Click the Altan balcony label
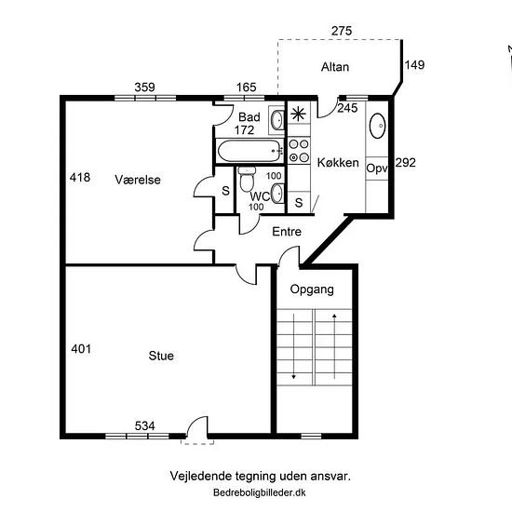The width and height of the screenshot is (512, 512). click(335, 67)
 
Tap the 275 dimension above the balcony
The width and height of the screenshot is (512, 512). click(342, 31)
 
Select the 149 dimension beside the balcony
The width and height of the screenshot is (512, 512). click(414, 65)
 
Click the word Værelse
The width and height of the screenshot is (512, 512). click(138, 180)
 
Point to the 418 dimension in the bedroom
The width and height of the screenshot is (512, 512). click(80, 178)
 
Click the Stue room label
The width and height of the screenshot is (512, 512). click(161, 356)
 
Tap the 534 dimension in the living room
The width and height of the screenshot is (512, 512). click(145, 425)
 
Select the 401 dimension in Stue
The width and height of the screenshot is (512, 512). click(81, 349)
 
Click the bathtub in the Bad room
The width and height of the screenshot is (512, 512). click(250, 151)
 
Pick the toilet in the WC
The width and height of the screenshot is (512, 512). click(247, 179)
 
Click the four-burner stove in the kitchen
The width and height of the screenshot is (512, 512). click(299, 151)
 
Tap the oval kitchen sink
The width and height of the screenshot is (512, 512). click(377, 126)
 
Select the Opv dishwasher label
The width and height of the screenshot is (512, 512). click(377, 168)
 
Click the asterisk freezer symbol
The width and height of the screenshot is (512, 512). click(299, 114)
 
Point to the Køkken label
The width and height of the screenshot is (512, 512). click(338, 163)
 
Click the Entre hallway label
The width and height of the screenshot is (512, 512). click(287, 232)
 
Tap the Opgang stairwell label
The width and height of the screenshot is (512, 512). click(312, 290)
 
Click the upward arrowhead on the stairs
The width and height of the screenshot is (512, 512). click(334, 316)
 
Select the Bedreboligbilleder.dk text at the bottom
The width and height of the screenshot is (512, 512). click(260, 492)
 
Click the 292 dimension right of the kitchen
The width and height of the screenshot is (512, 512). click(406, 163)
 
